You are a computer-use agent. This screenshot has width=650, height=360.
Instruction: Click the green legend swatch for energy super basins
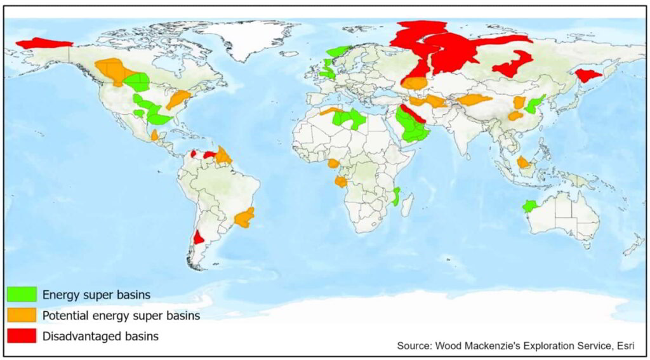[x=22, y=295]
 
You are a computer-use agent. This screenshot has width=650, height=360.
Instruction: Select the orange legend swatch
[x=22, y=316]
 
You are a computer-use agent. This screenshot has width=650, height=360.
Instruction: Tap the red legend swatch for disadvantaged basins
[x=22, y=336]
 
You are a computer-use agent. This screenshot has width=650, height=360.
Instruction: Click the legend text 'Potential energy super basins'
[x=121, y=316]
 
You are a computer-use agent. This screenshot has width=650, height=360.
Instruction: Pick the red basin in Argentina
[x=199, y=237]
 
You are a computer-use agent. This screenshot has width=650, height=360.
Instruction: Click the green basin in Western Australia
[x=529, y=206]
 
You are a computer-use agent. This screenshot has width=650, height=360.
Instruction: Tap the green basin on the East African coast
[x=396, y=197]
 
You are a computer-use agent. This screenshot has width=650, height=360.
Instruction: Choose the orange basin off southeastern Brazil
[x=244, y=218]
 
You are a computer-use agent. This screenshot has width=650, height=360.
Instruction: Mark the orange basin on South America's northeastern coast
[x=223, y=155]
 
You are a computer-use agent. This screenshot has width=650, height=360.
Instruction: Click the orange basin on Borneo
[x=523, y=163]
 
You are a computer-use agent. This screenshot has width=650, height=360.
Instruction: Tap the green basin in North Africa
[x=348, y=118]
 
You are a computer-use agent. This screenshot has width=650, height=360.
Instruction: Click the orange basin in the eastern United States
[x=178, y=98]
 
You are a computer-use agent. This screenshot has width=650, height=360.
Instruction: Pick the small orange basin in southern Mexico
[x=155, y=135]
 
